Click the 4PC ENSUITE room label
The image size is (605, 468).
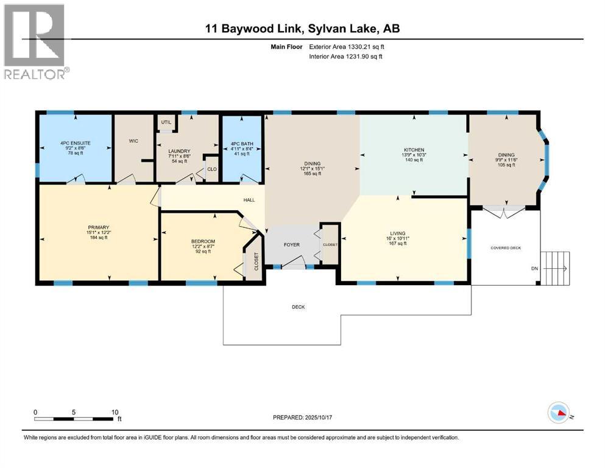click(x=75, y=143)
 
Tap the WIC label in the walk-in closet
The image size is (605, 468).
click(x=133, y=141)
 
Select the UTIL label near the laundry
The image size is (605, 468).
click(x=166, y=122)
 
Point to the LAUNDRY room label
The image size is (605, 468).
click(x=180, y=151)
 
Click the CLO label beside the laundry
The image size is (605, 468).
click(x=211, y=169)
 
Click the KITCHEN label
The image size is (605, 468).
click(x=413, y=150)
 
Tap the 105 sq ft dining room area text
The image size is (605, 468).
click(x=507, y=165)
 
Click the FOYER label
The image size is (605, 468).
click(x=292, y=245)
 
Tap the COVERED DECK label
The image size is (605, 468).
click(x=506, y=248)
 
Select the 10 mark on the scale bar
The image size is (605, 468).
click(x=115, y=413)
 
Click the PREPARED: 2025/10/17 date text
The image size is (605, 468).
click(x=302, y=417)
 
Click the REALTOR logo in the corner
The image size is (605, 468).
click(x=35, y=41)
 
